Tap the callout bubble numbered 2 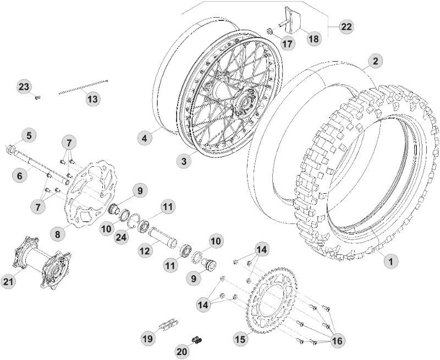(375, 61)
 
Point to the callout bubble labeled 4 (144, 138)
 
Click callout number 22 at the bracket (346, 26)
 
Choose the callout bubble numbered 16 (337, 341)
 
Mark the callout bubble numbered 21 (8, 281)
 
